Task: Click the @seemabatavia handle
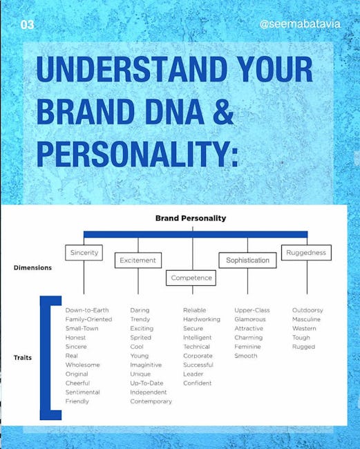click(x=300, y=24)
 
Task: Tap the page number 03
click(x=27, y=25)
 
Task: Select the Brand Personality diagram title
click(x=191, y=218)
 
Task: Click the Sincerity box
click(x=84, y=253)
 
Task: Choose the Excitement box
click(x=138, y=260)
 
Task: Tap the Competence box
click(x=191, y=278)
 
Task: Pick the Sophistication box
click(x=248, y=260)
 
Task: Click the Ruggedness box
click(x=306, y=253)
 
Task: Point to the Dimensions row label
click(x=32, y=268)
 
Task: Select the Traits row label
click(x=23, y=358)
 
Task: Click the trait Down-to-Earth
click(x=87, y=310)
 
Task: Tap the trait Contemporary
click(x=151, y=401)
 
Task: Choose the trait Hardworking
click(x=202, y=319)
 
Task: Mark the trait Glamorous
click(x=250, y=319)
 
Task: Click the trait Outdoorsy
click(x=307, y=310)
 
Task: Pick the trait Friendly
click(x=77, y=401)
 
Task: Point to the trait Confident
click(x=198, y=383)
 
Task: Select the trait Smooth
click(x=246, y=356)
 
